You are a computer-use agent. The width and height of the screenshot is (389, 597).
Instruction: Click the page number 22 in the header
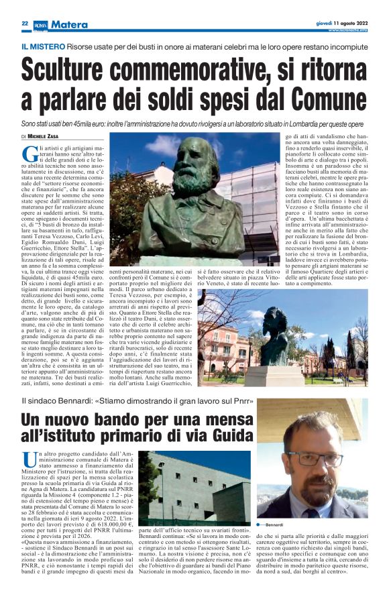(x=24, y=23)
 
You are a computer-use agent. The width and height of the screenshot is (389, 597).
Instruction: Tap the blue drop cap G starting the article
(x=29, y=152)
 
